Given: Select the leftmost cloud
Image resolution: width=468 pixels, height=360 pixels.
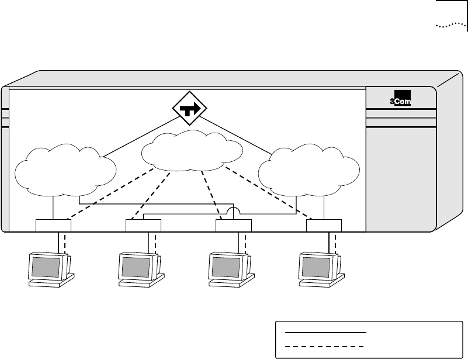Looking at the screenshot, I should (x=64, y=169).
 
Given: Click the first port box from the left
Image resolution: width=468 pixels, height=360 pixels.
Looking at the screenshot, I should (x=53, y=226).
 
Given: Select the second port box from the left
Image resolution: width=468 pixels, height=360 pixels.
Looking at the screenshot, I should (x=143, y=226).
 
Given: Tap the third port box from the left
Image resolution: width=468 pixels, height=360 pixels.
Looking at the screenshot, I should (x=234, y=226).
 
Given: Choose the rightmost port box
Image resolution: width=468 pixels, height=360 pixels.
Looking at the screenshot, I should (x=324, y=226).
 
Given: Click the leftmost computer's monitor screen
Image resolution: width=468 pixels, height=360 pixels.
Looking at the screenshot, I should (x=45, y=266).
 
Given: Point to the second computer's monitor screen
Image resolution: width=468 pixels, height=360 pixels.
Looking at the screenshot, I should (x=135, y=266).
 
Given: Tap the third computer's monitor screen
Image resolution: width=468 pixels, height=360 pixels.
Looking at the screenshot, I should (x=226, y=266).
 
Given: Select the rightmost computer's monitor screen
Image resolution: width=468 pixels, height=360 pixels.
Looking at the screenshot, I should (x=316, y=266).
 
